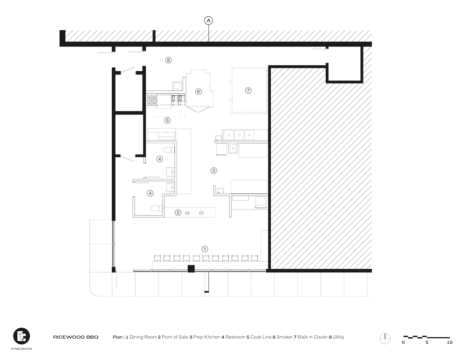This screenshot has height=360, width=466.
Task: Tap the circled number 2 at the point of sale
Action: tap(178, 212)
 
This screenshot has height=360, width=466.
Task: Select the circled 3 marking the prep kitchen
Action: tap(214, 170)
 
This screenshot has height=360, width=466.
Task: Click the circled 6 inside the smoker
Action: tap(198, 91)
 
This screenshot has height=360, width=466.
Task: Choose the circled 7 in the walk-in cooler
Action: tap(248, 90)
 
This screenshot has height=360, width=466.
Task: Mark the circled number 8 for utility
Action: tap(169, 60)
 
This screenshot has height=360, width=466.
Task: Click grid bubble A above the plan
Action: tap(209, 20)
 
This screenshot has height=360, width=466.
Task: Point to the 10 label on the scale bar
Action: tap(449, 343)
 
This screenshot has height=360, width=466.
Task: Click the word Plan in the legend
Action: tap(117, 337)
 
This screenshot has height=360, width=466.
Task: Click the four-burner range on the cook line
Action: tap(152, 99)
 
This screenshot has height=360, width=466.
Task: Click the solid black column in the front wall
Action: tap(191, 268)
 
